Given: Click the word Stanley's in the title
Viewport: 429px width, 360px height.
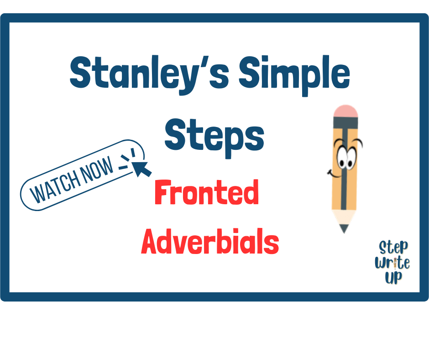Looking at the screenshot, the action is click(x=149, y=74).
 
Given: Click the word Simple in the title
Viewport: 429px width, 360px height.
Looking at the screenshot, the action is click(x=294, y=75).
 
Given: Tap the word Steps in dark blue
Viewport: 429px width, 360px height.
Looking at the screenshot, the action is click(x=214, y=138).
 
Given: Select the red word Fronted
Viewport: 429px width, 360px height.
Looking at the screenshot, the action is click(x=207, y=192).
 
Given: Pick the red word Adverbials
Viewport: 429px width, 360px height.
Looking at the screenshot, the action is click(x=210, y=241).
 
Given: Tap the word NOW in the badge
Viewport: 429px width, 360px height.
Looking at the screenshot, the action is click(x=97, y=169).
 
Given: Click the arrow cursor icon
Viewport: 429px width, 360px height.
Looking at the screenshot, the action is click(x=142, y=168).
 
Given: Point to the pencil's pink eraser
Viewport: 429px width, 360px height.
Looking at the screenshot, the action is click(x=345, y=111).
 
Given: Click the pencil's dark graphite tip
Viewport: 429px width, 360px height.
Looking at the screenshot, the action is click(x=344, y=228).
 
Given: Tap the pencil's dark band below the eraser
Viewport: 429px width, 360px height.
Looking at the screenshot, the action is click(x=345, y=122).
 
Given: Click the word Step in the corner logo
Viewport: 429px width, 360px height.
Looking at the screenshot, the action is click(x=393, y=248).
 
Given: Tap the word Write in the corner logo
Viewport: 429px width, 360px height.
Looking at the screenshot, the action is click(x=392, y=263).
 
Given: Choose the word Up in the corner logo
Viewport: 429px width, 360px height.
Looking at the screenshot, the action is click(x=394, y=277).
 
